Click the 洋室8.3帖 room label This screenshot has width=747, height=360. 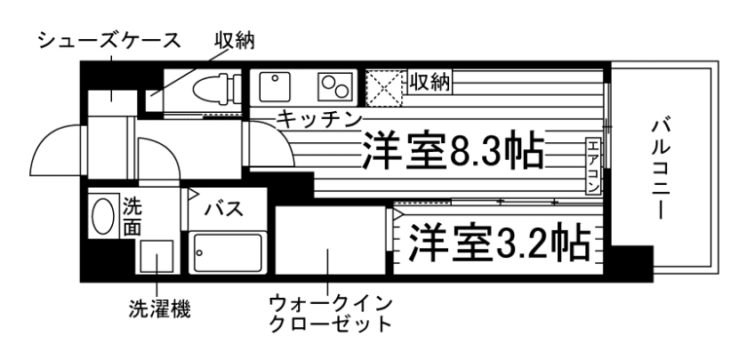coord(453,151)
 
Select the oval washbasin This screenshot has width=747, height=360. coord(104,215)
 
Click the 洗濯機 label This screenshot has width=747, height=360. coord(157,310)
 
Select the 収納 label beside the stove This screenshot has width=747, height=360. coord(430,82)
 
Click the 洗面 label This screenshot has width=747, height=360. coord(132,217)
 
